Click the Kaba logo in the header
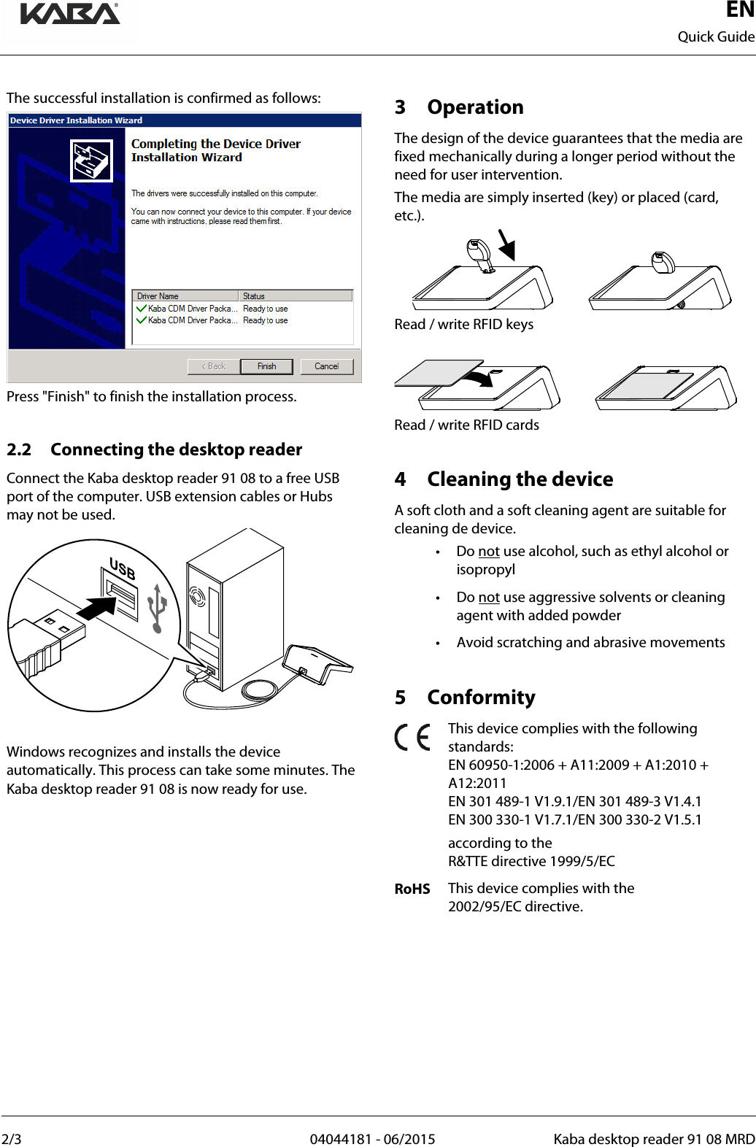(70, 15)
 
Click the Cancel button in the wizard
(326, 366)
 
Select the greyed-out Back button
(214, 366)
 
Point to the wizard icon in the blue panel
(91, 161)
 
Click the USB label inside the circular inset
(122, 568)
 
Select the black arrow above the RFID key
(506, 245)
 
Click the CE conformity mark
(412, 738)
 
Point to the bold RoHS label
(412, 889)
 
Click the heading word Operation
(475, 107)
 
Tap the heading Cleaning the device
(520, 479)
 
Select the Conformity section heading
(481, 698)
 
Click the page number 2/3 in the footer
(12, 1139)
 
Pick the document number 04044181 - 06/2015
(372, 1139)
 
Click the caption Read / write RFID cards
(466, 425)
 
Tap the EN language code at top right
(740, 10)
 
